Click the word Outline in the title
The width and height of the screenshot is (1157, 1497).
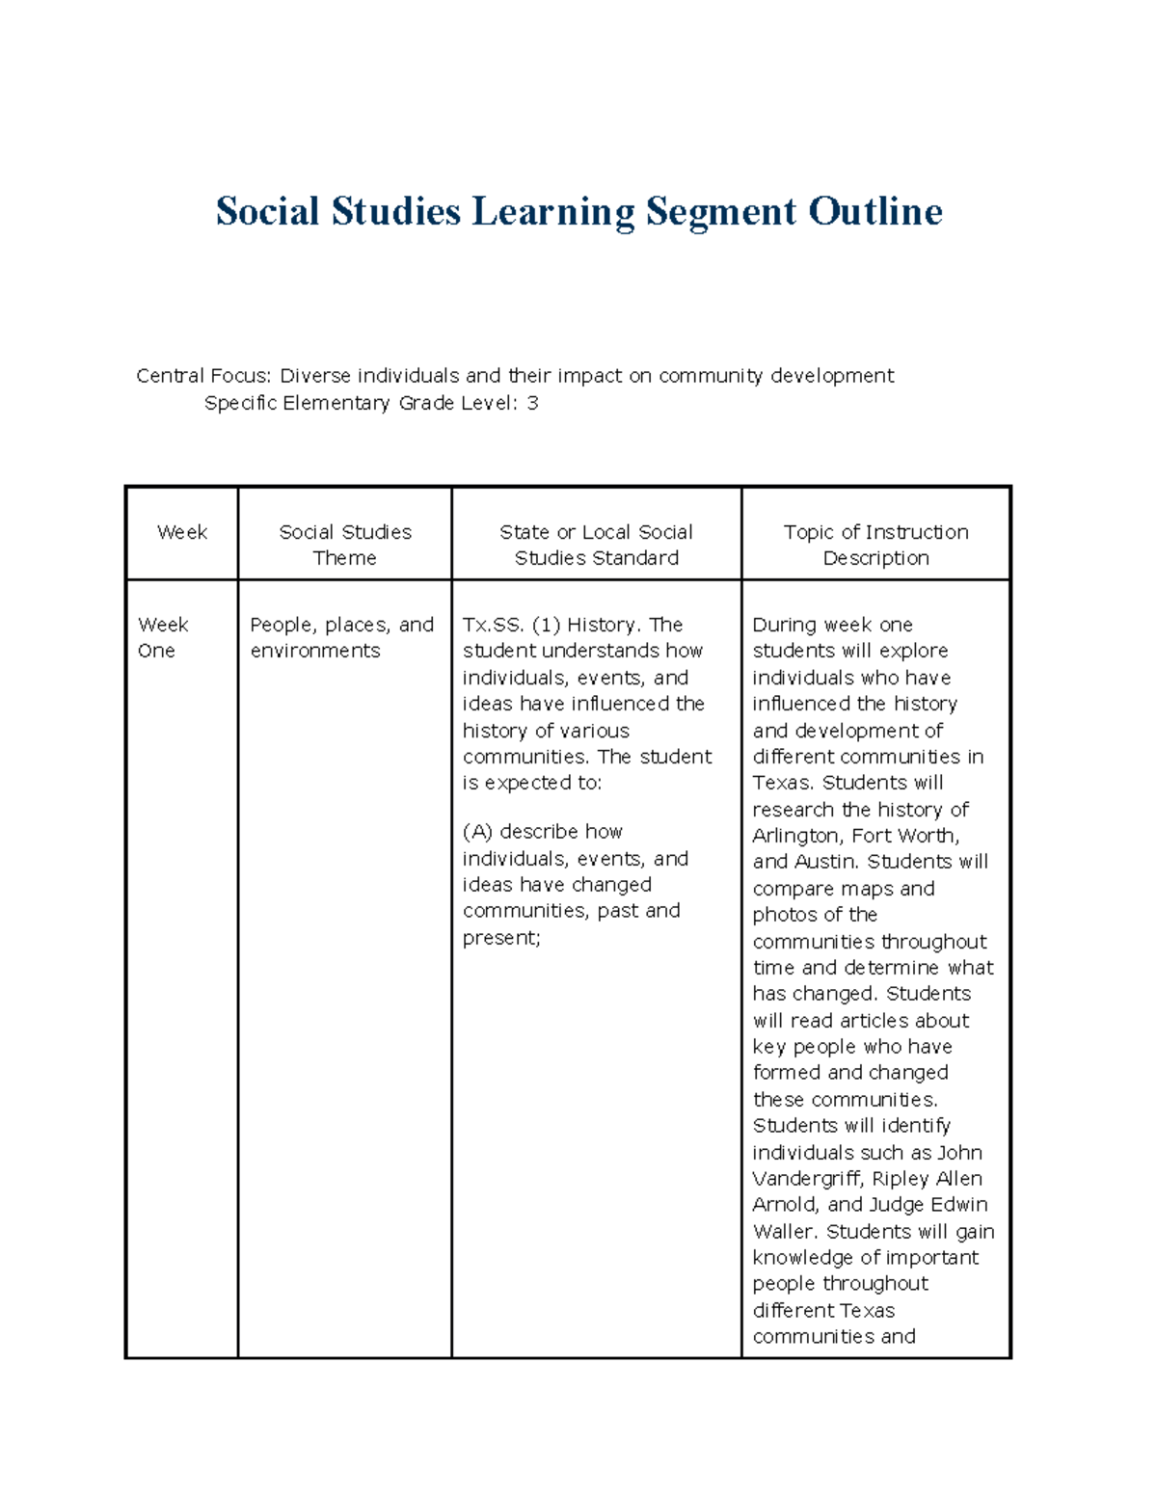click(x=874, y=211)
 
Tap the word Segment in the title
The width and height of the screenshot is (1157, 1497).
click(x=721, y=211)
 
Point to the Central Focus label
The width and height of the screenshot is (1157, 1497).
click(x=203, y=375)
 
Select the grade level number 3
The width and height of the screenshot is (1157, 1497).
click(x=532, y=403)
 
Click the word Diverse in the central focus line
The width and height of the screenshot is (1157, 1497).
click(x=316, y=375)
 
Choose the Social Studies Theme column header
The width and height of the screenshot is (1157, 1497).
click(x=345, y=545)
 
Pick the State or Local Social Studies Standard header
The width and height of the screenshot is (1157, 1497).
click(x=596, y=545)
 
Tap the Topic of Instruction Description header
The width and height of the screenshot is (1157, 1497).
click(x=875, y=545)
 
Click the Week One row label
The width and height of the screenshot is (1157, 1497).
click(x=163, y=637)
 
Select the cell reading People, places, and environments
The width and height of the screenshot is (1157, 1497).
click(x=341, y=637)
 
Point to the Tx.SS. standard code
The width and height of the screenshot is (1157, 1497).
click(x=493, y=625)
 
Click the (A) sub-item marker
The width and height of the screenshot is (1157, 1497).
click(x=477, y=831)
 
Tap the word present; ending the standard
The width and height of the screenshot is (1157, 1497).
click(x=501, y=937)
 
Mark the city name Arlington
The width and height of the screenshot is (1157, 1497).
click(x=796, y=836)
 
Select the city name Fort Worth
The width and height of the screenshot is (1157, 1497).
click(x=905, y=836)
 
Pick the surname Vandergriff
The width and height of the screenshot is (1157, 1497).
click(x=807, y=1178)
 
